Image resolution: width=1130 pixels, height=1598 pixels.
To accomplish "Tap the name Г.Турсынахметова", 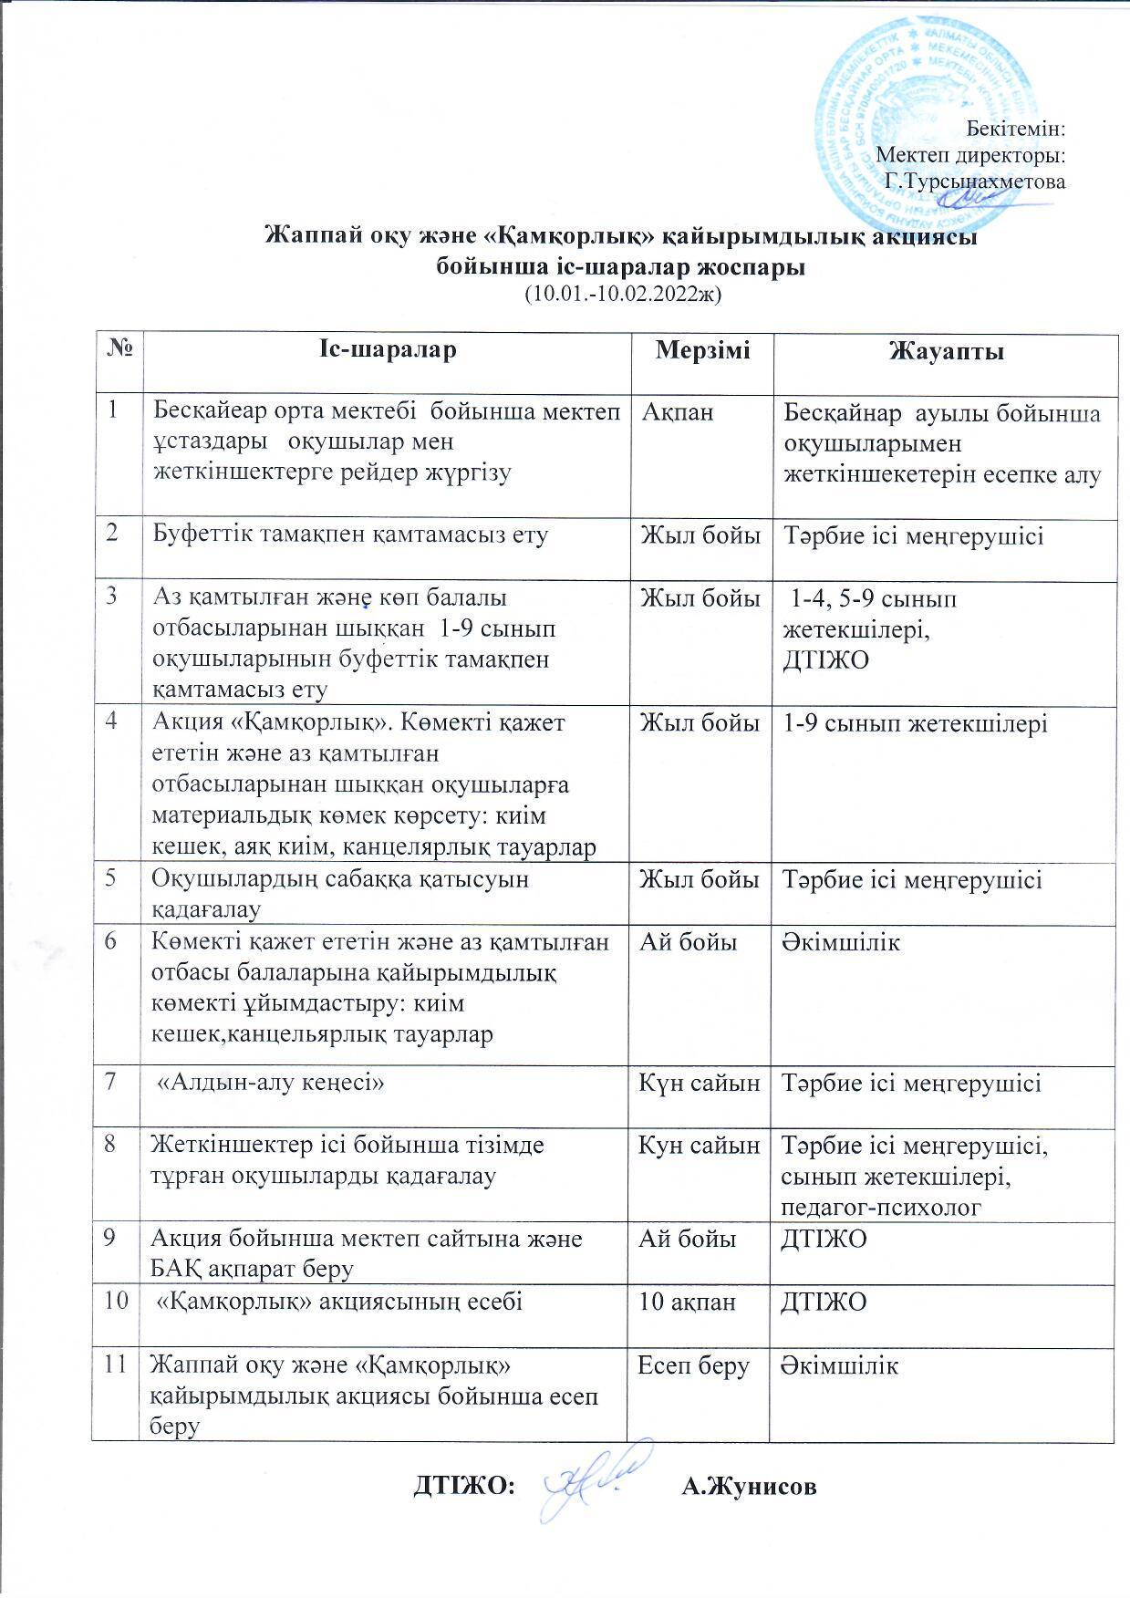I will click(975, 182).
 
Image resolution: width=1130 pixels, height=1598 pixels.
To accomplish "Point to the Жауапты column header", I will click(946, 352).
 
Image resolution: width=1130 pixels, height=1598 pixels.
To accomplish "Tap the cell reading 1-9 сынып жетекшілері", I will click(916, 723).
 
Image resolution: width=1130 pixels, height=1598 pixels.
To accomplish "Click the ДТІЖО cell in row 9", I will click(824, 1239).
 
